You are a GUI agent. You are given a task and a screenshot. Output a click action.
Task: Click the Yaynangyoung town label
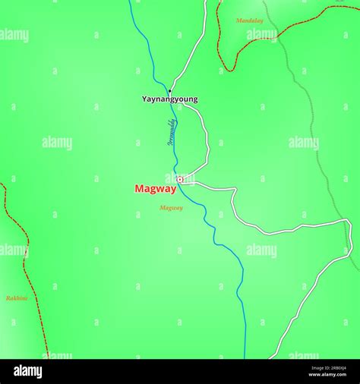pyautogui.click(x=169, y=99)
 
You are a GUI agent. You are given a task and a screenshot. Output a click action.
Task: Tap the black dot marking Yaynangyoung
pyautogui.click(x=169, y=91)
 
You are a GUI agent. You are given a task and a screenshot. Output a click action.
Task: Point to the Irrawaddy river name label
pyautogui.click(x=172, y=131)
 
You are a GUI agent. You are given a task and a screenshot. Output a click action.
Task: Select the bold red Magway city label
pyautogui.click(x=155, y=189)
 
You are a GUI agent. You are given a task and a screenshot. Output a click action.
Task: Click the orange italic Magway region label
pyautogui.click(x=171, y=208)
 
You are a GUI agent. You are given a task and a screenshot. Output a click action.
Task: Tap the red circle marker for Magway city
pyautogui.click(x=180, y=179)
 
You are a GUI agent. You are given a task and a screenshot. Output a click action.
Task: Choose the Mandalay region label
pyautogui.click(x=249, y=20)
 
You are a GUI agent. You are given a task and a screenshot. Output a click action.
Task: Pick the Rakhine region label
pyautogui.click(x=17, y=298)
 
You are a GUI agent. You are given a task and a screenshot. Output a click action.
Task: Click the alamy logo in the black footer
pyautogui.click(x=27, y=371)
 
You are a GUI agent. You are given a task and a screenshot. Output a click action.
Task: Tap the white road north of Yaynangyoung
pyautogui.click(x=194, y=46)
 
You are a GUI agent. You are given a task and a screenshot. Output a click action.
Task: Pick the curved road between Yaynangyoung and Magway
pyautogui.click(x=207, y=140)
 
